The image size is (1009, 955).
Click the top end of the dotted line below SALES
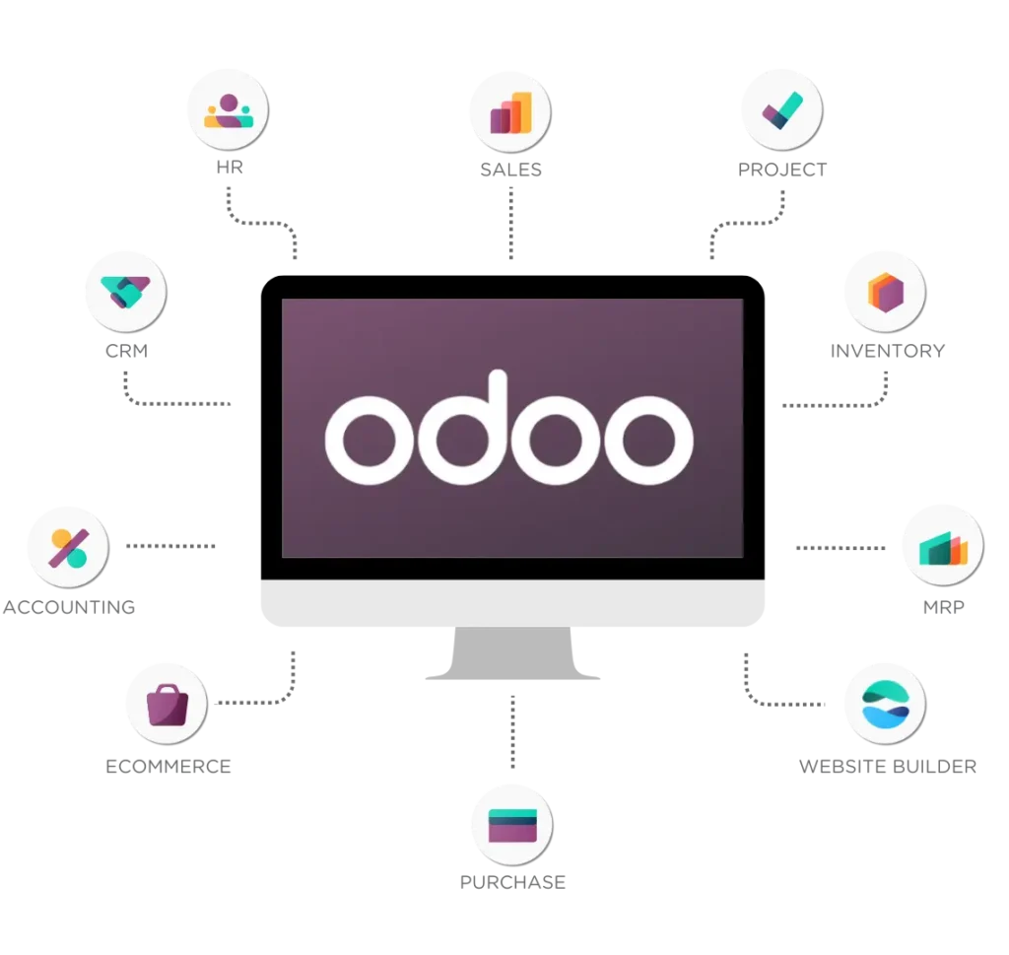(511, 188)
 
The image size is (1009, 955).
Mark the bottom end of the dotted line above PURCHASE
(512, 767)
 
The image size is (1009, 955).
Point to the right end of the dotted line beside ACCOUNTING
(214, 546)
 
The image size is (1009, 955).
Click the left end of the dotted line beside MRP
(798, 548)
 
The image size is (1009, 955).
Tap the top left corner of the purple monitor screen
(282, 299)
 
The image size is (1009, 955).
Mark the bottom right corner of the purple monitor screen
(744, 557)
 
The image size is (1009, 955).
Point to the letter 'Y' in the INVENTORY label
(938, 351)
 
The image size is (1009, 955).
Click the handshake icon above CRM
(125, 292)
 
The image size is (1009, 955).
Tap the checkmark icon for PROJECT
(781, 110)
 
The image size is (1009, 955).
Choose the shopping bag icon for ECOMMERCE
(168, 705)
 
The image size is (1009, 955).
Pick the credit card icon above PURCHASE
(512, 826)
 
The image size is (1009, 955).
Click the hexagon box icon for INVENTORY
(886, 292)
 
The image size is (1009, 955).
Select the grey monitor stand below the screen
(512, 652)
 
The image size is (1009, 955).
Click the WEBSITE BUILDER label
(888, 767)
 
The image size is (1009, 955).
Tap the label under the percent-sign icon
(69, 607)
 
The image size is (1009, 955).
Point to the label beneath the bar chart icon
(511, 170)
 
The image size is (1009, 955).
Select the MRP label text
(943, 607)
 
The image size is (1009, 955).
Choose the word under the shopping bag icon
(168, 767)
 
